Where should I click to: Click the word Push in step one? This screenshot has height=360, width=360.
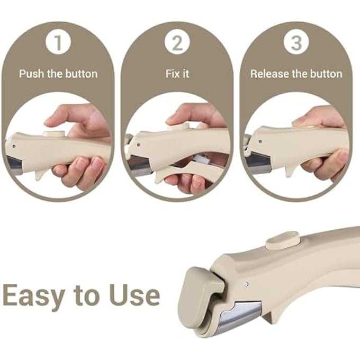click(x=31, y=74)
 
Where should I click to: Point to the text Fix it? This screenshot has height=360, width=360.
click(x=177, y=74)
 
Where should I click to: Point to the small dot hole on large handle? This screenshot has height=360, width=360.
click(x=247, y=285)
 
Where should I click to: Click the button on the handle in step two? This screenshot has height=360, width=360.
click(x=178, y=127)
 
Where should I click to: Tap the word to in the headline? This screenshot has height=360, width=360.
click(x=86, y=294)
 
